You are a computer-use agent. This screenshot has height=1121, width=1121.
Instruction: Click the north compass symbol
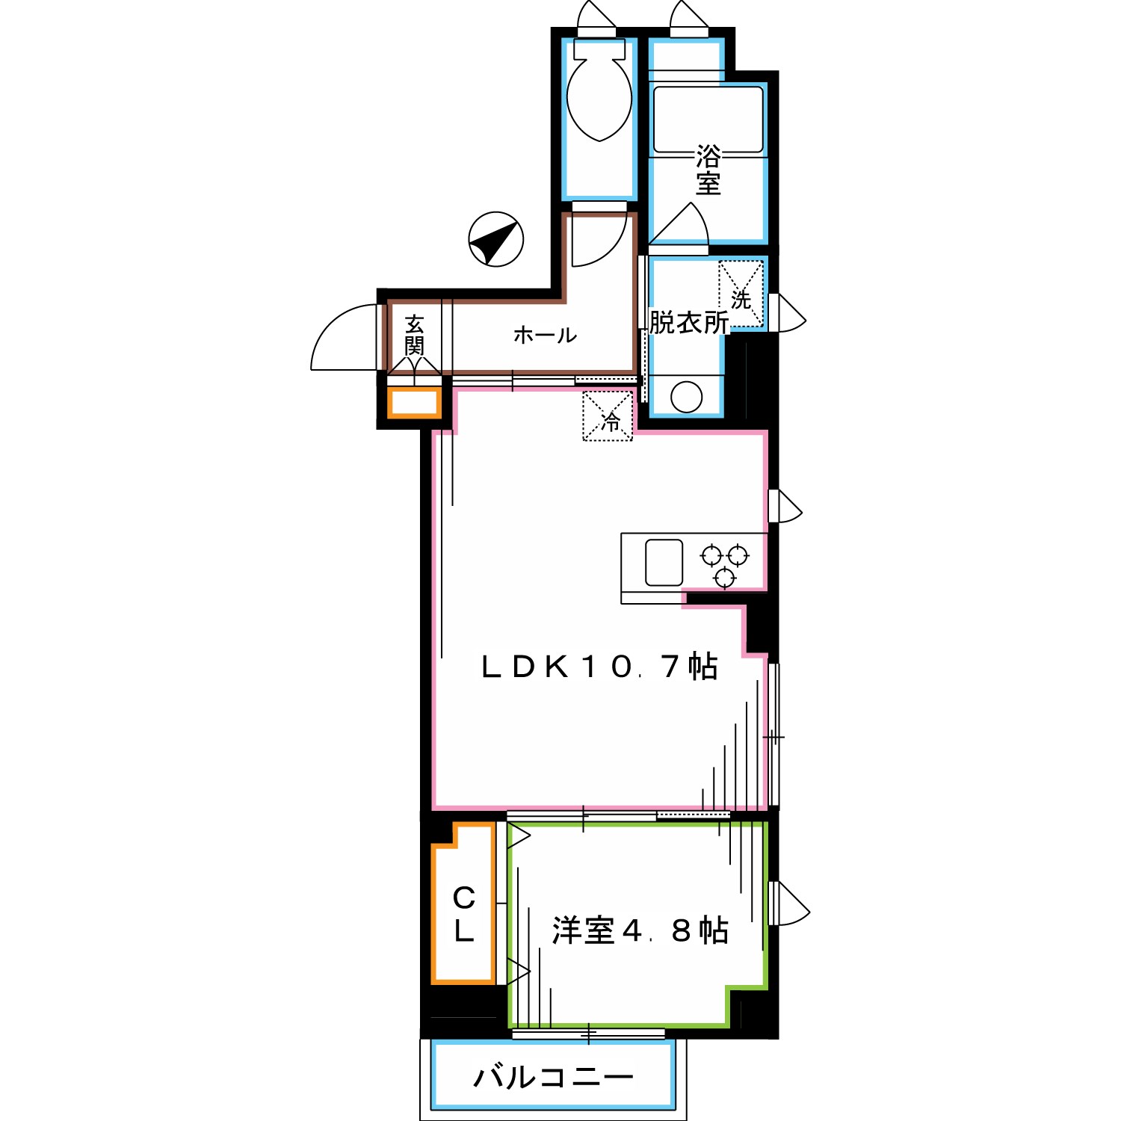(x=495, y=239)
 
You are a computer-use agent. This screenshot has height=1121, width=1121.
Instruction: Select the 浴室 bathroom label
(x=708, y=170)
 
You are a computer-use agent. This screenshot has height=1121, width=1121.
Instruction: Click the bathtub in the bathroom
(x=708, y=120)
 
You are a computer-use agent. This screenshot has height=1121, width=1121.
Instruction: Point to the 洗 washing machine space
(x=741, y=294)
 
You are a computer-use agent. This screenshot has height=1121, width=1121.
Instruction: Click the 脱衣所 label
(x=688, y=323)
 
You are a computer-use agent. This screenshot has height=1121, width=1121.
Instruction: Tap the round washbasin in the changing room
(x=686, y=396)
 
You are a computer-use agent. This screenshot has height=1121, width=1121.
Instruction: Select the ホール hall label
(x=545, y=335)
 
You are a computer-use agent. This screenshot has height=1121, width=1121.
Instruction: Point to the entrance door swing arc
(x=336, y=336)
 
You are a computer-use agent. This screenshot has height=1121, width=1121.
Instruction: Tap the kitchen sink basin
(x=664, y=562)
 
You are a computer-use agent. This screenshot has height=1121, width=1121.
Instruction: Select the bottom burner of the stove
(x=724, y=578)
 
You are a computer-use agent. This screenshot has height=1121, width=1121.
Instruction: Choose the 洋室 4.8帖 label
(x=640, y=930)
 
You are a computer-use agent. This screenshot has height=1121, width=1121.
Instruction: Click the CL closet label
(x=463, y=913)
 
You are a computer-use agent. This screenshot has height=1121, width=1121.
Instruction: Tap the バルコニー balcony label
(x=554, y=1076)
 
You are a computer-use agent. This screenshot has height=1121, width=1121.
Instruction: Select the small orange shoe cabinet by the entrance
(x=413, y=402)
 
